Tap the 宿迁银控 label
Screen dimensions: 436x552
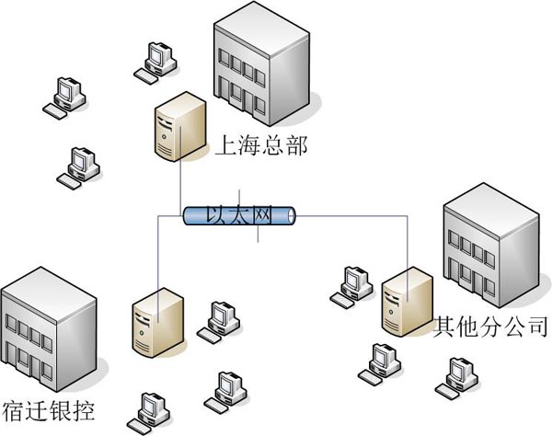point(49,408)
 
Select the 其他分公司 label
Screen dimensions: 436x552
point(489,326)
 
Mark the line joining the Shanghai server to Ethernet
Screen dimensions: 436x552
point(179,183)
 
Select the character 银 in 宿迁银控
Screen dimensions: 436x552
point(61,408)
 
